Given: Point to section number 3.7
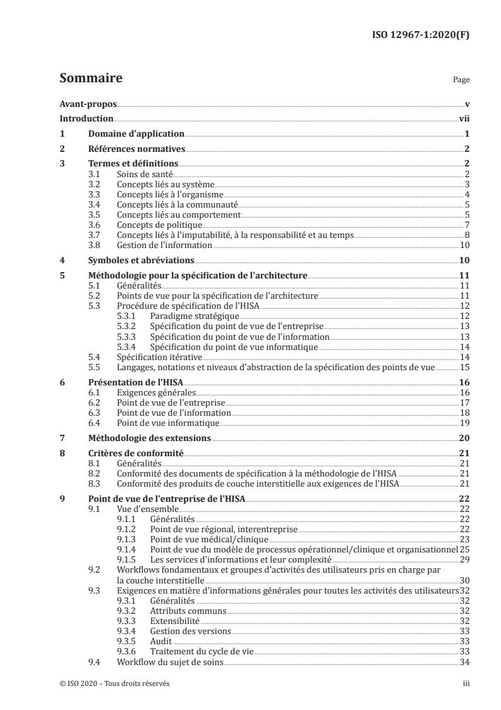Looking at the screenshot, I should (x=96, y=234).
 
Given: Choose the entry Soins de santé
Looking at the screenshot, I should (x=145, y=173).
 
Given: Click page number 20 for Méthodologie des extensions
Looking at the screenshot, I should (x=464, y=437).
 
